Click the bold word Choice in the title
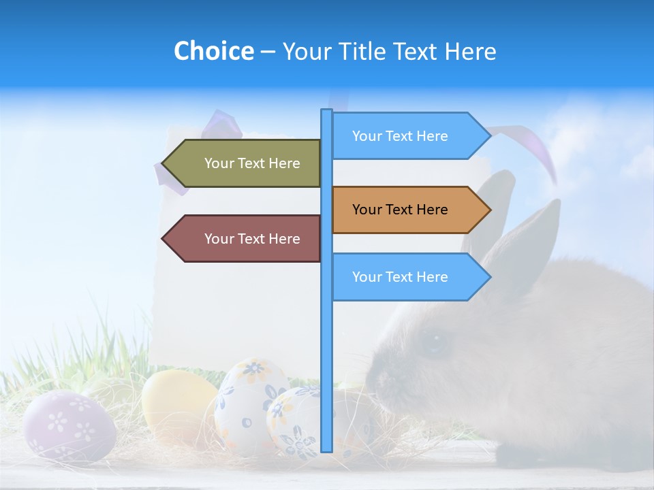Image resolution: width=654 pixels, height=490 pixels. (213, 51)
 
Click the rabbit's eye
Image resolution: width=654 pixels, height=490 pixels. (434, 342)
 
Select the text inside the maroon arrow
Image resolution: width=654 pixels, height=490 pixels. (252, 239)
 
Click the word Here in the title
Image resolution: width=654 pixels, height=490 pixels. (470, 51)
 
